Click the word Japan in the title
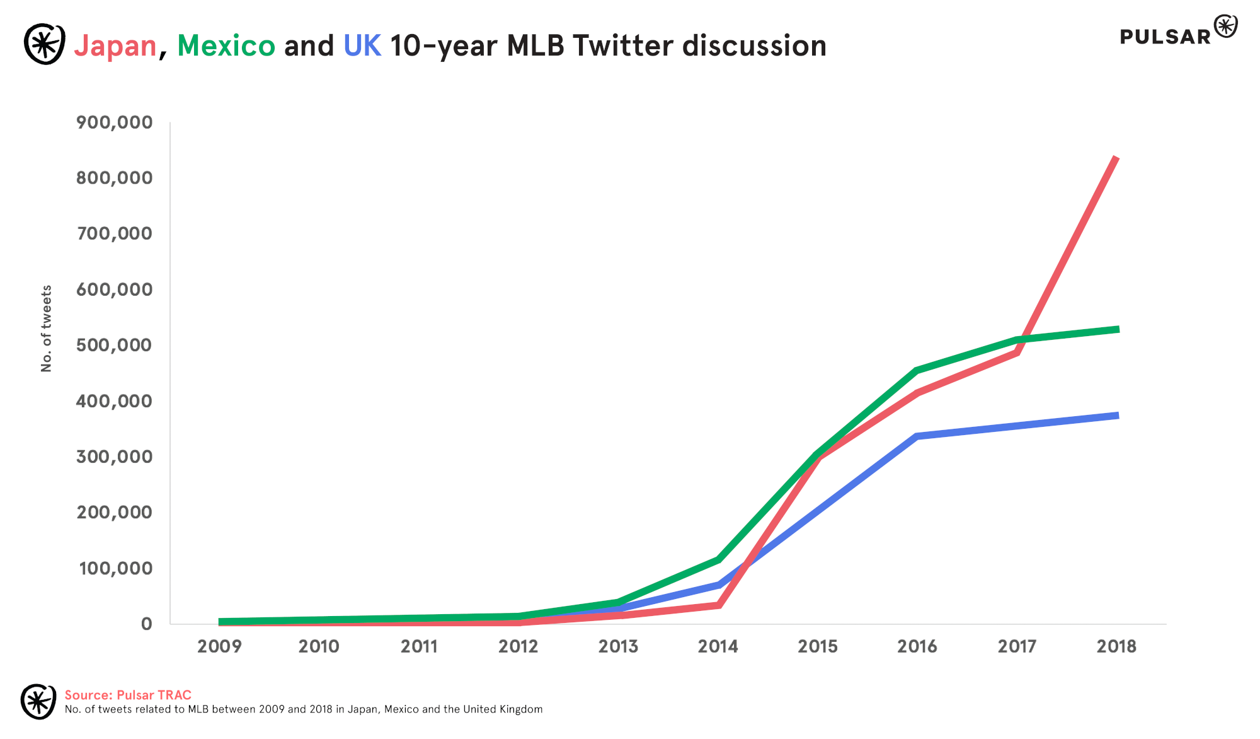pos(115,46)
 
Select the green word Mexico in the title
pos(226,46)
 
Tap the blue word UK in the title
pos(362,46)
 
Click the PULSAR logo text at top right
pos(1165,37)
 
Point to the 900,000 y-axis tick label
pos(115,122)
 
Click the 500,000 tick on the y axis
pos(115,345)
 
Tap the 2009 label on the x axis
pos(219,646)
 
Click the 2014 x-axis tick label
pos(718,646)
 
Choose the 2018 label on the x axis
pos(1116,646)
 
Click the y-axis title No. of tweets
pos(46,329)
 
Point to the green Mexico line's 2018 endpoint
pos(1117,329)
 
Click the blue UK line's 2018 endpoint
pos(1117,416)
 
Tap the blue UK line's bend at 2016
pos(917,436)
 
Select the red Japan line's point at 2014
pos(718,605)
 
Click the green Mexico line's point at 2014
pos(718,559)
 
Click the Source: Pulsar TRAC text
pos(128,695)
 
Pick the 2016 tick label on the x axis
pos(917,646)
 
